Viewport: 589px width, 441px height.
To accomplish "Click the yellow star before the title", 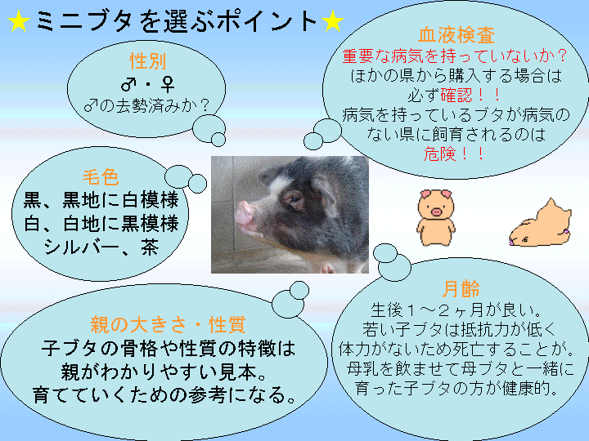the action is [x=18, y=21].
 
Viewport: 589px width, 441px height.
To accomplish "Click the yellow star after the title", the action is [x=332, y=21].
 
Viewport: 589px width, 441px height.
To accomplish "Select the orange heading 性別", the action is [x=147, y=60].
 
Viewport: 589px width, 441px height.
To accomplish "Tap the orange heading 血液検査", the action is [x=456, y=35].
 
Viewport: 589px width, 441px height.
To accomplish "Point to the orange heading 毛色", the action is [x=101, y=177].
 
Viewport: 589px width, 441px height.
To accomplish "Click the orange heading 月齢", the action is [x=461, y=289].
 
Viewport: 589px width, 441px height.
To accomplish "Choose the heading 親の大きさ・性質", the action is [x=168, y=325].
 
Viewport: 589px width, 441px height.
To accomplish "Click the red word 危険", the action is [x=440, y=154].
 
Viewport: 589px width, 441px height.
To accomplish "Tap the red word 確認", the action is [x=456, y=96].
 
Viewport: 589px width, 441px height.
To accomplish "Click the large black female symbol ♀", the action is [x=167, y=84].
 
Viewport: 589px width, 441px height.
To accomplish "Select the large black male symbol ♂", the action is [x=128, y=84].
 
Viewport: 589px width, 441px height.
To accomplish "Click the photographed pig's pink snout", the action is [x=244, y=214].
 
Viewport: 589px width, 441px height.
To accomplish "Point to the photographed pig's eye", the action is [x=294, y=199].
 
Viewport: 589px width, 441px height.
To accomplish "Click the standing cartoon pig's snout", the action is [x=436, y=212].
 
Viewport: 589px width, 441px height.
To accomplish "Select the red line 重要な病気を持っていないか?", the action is [x=455, y=56].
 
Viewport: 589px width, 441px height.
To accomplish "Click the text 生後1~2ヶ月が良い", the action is [x=451, y=310].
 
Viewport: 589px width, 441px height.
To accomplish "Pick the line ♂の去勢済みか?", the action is [x=146, y=106].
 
